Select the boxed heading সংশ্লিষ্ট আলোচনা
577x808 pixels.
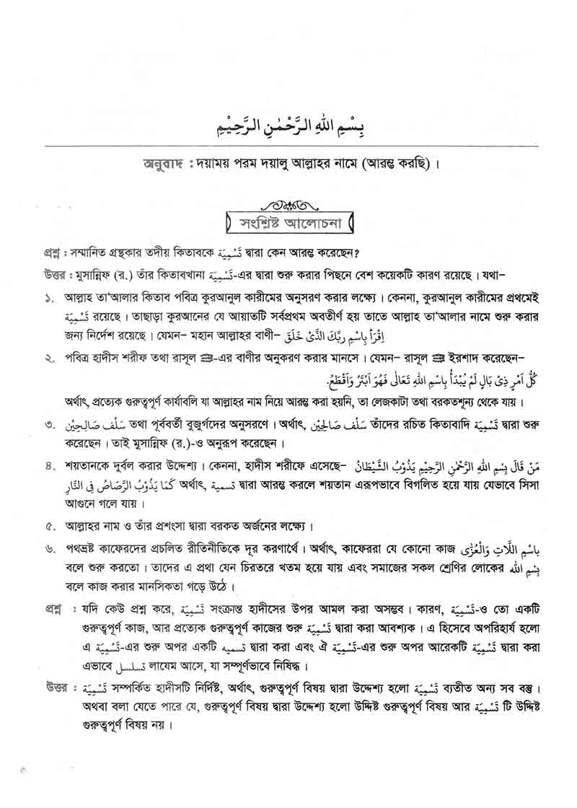coord(291,221)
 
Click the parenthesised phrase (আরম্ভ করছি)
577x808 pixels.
coord(390,164)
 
